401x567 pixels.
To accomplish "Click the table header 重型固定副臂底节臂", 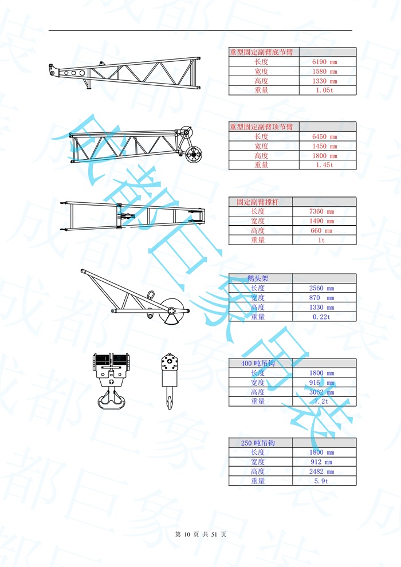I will pos(261,52).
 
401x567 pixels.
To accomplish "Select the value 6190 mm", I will pos(324,62).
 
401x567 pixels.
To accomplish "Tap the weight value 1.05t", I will pos(324,90).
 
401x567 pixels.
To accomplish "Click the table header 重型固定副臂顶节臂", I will pos(261,127).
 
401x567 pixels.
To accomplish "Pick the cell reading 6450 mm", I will pos(324,136).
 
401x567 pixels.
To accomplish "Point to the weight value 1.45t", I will pos(324,165).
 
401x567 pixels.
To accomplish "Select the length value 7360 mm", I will pos(321,212).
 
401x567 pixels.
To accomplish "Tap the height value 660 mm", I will pos(321,231).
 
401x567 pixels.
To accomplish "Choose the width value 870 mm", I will pos(321,298).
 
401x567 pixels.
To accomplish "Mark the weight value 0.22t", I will pos(321,317).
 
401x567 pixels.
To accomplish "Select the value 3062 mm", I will pos(321,392).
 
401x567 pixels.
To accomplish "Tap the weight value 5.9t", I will pos(321,481).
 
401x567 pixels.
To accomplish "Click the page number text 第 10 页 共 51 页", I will pos(200,534).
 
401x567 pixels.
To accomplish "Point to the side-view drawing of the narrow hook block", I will pos(170,381).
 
